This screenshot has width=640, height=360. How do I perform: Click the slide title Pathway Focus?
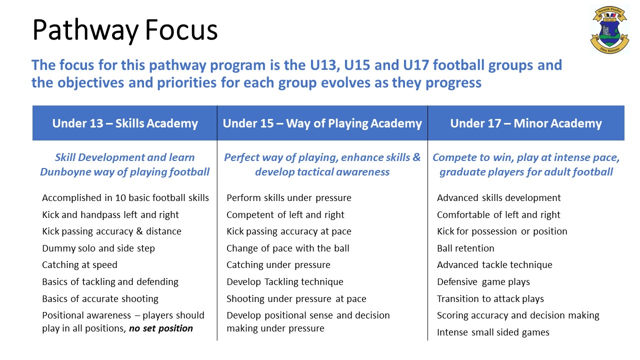point(125,30)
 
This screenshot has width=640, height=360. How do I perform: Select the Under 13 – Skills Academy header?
point(125,123)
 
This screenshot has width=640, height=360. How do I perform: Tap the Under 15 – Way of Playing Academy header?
point(322,123)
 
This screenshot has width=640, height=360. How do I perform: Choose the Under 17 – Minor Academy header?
point(525,123)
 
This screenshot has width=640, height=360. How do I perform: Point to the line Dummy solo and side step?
point(98,248)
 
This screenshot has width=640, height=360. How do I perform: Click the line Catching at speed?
point(79,265)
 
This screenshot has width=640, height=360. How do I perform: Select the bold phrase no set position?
point(160,328)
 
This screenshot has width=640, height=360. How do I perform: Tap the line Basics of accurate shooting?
point(100,299)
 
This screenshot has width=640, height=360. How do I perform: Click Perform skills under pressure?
point(288,198)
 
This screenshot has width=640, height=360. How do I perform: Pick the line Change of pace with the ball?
point(287,248)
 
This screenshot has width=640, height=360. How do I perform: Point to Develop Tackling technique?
point(284,282)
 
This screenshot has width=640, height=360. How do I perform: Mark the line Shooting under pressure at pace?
point(296,299)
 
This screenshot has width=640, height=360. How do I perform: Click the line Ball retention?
point(465,248)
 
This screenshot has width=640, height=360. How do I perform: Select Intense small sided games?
point(493,332)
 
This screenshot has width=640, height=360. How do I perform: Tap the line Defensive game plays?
point(483,282)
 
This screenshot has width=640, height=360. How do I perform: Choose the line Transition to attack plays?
point(490,299)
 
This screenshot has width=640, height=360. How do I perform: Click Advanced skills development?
point(498,198)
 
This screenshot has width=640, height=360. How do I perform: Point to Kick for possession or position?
point(502,231)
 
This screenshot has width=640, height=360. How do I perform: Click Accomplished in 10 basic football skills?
point(125,198)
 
